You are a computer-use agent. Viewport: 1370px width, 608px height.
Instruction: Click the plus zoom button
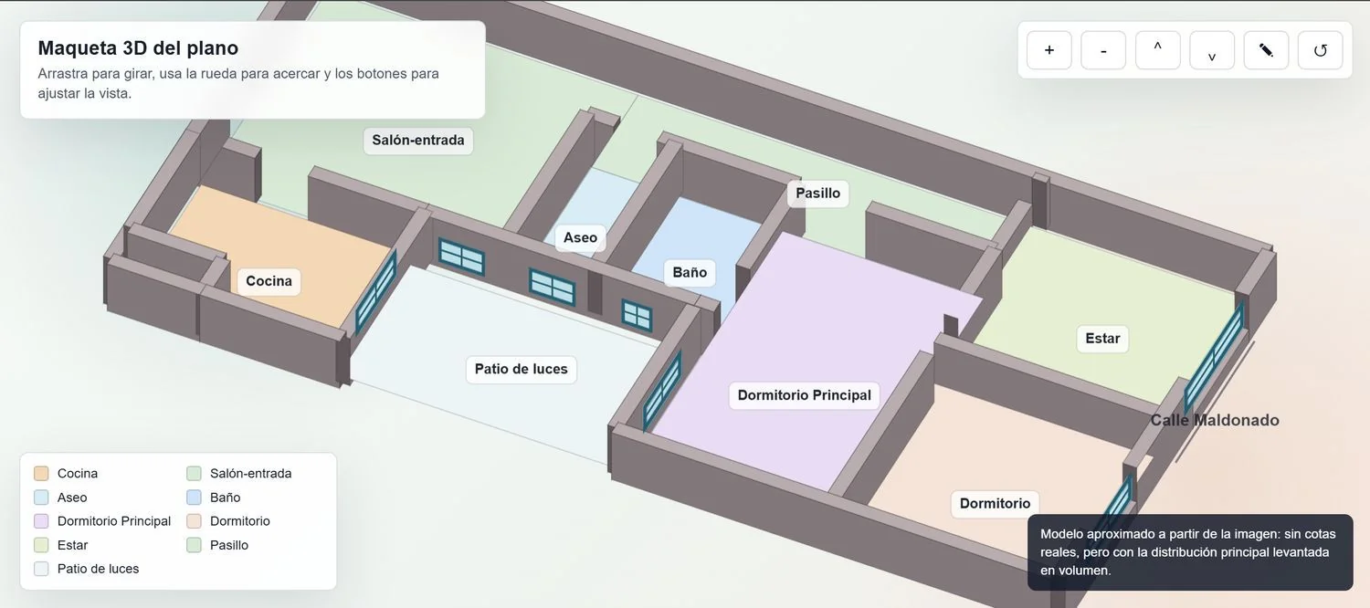1049,50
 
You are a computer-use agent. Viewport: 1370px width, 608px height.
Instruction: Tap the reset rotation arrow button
1320,50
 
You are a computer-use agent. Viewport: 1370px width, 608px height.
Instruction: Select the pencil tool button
1266,50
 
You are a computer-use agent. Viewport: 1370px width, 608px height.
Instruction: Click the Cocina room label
269,281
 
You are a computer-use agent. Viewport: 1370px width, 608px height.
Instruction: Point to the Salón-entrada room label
418,141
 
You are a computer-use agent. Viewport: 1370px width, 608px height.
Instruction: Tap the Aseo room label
580,237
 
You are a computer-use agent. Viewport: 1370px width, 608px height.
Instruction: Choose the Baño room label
690,273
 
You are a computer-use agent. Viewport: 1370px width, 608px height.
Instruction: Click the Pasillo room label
817,194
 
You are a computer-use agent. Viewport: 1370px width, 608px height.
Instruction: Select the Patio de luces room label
522,369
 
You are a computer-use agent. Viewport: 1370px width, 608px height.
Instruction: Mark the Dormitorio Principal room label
805,395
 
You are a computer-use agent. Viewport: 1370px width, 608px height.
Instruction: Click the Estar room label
1102,339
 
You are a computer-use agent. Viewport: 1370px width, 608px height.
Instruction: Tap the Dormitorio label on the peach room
996,504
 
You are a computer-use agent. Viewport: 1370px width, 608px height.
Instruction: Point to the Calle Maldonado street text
1215,421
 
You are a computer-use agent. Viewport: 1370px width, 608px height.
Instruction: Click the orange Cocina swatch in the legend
41,473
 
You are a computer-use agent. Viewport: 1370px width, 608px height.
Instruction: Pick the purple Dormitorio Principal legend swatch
41,520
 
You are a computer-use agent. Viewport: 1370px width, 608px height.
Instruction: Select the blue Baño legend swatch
194,497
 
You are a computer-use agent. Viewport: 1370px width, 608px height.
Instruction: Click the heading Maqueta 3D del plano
138,47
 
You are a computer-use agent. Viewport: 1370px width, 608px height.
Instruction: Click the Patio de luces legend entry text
98,569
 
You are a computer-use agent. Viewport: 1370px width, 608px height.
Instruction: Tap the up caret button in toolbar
1158,50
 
